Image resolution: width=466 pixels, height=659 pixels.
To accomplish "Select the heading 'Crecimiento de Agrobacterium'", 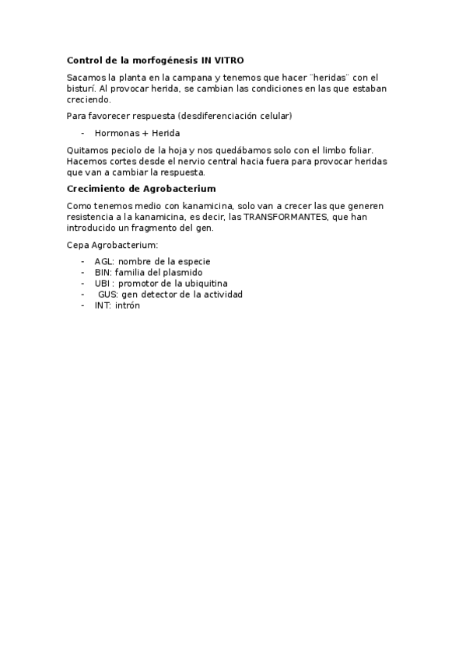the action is pos(141,189).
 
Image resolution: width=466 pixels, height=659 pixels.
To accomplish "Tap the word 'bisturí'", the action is pos(82,89).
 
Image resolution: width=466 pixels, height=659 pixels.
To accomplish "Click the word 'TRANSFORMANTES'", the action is pos(284,217).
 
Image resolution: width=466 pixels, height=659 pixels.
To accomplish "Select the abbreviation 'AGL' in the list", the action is pos(103,261).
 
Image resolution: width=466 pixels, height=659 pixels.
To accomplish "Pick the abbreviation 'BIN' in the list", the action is pos(102,273).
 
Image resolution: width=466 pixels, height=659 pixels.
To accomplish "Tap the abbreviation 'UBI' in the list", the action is pos(102,284).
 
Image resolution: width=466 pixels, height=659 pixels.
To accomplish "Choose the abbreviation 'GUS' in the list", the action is pos(107,295).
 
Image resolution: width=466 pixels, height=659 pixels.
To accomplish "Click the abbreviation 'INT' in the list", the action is pos(102,306).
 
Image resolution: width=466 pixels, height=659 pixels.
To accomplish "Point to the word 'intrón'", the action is pos(128,306).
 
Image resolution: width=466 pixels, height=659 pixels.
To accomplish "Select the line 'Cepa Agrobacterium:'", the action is pos(112,245).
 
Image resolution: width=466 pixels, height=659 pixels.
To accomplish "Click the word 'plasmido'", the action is pos(184,273).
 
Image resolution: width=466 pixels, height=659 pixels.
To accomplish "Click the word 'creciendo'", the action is pos(89,99).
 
